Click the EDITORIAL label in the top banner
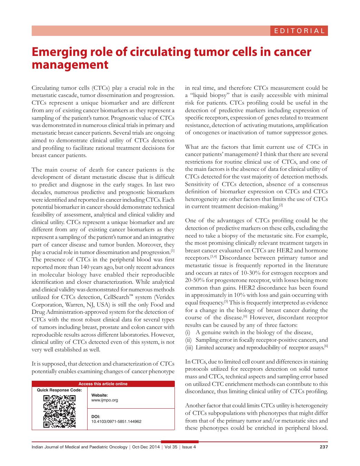tap(299, 31)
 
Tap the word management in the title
tap(70, 65)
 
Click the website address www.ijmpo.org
tap(104, 400)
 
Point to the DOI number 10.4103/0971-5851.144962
tap(116, 421)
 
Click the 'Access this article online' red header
tap(103, 384)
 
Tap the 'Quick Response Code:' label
tap(59, 390)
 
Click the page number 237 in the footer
tap(323, 447)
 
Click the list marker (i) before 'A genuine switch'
tap(188, 332)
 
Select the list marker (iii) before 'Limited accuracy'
tap(189, 347)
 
